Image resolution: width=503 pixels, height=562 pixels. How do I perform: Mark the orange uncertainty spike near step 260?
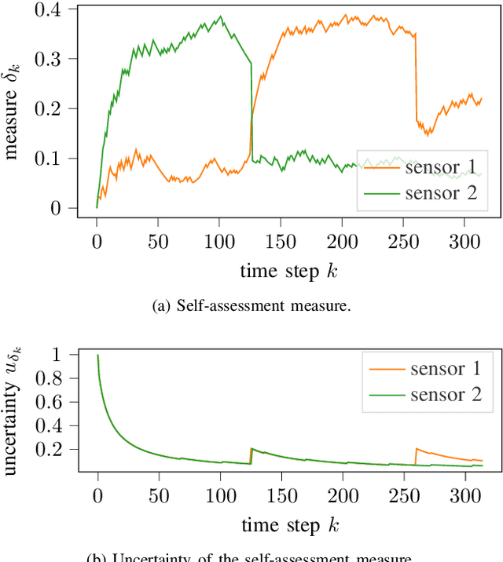coord(416,449)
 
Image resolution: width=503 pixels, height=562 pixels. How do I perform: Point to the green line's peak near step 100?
coord(221,16)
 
